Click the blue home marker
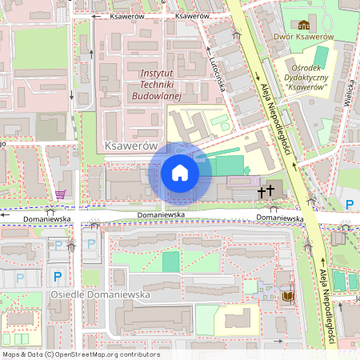pyautogui.click(x=180, y=172)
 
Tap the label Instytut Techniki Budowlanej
pyautogui.click(x=156, y=83)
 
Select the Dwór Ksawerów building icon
pyautogui.click(x=303, y=26)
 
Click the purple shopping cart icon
pyautogui.click(x=62, y=194)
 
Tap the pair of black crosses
pyautogui.click(x=265, y=192)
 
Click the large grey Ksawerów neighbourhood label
pyautogui.click(x=130, y=146)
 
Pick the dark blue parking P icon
pyautogui.click(x=57, y=277)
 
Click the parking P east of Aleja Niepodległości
pyautogui.click(x=349, y=205)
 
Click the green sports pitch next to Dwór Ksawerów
pyautogui.click(x=321, y=57)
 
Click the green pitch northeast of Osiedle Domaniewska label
pyautogui.click(x=171, y=262)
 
